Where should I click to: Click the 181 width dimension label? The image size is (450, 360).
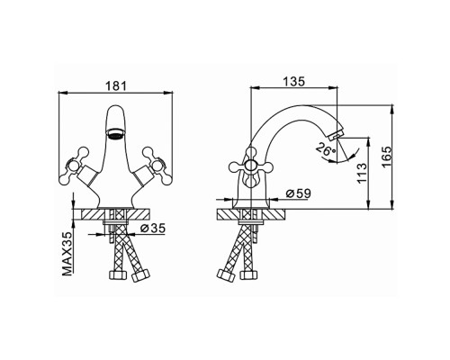tap(116, 86)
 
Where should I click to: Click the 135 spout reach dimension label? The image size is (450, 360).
tap(293, 81)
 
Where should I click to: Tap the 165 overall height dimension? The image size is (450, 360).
tap(387, 157)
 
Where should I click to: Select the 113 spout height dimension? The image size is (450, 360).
tap(363, 174)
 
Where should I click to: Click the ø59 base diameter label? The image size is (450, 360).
tap(298, 193)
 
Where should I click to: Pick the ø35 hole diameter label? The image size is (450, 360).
tap(153, 229)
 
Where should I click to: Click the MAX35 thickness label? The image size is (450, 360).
tap(68, 254)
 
